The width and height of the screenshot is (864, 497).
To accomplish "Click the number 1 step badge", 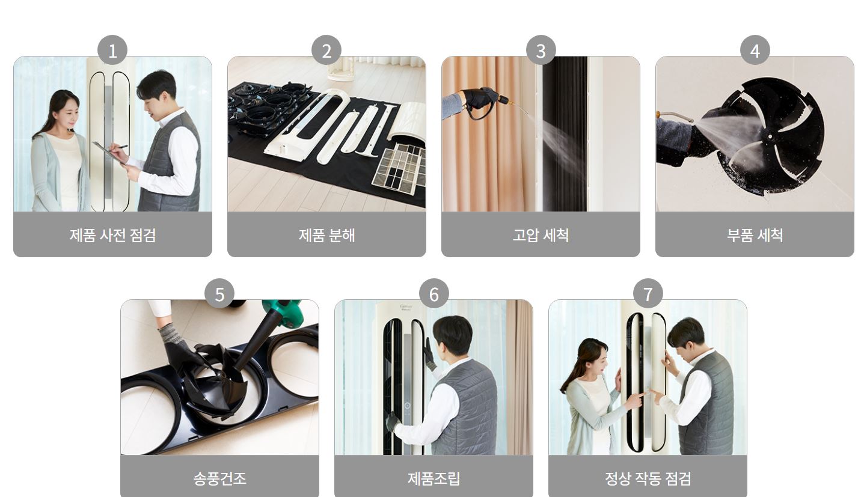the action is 112,50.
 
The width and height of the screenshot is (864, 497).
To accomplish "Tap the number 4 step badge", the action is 755,50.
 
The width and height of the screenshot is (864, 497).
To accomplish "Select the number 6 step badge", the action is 434,294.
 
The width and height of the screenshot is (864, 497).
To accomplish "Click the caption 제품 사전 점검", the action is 112,235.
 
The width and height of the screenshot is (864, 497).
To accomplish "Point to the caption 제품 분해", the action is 326,235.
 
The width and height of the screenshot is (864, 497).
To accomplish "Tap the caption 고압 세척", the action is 541,235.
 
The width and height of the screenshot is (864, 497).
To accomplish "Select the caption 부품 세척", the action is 755,235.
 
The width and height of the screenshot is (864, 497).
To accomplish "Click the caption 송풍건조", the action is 219,478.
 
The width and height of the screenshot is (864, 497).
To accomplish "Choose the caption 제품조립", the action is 434,478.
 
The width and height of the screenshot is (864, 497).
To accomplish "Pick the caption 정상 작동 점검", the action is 648,478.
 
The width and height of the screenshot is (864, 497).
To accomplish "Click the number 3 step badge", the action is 541,50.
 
